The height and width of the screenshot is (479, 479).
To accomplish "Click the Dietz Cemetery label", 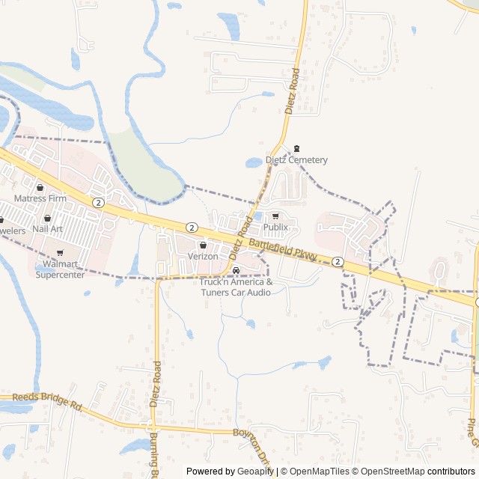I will coord(296,160).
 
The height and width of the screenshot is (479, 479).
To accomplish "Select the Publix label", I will coord(275,227).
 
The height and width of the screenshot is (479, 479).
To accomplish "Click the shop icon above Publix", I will coord(275,216).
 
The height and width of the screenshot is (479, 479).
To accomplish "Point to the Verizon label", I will coord(203,256).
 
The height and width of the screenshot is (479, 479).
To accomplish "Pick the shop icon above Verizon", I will coord(203,245).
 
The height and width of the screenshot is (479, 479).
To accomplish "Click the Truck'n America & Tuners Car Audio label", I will coord(237,287).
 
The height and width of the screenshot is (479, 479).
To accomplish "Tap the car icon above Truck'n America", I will coord(237,270).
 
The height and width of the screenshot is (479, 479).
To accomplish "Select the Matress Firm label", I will coord(40,198).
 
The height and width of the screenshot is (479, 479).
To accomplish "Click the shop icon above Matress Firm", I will coord(40,188).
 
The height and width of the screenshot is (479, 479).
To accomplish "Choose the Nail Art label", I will coord(47,228).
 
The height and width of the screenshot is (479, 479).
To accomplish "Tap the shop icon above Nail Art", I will coord(47,218).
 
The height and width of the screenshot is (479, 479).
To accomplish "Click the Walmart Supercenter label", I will coord(60,269).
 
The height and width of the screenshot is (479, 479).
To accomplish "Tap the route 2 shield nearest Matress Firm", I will coord(98,203).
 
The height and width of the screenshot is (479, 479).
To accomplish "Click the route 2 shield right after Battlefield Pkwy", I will coord(338,261).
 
